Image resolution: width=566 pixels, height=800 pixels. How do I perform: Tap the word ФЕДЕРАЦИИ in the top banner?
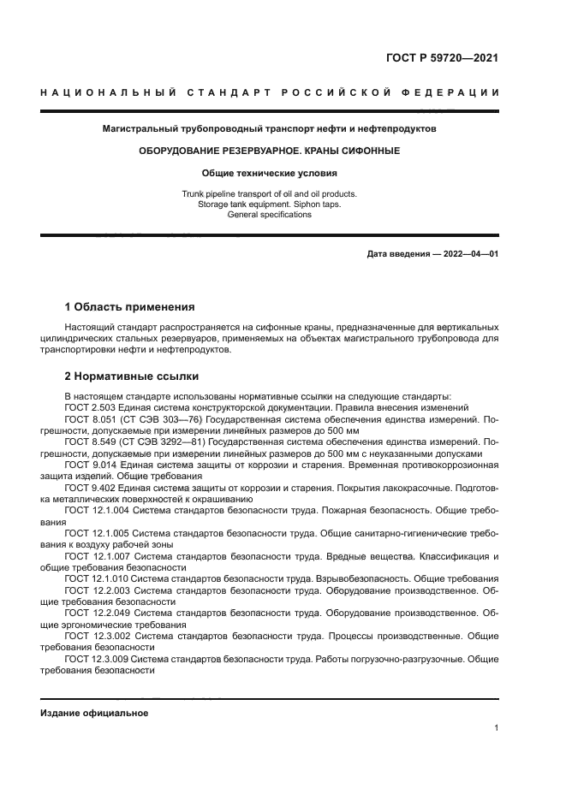457,92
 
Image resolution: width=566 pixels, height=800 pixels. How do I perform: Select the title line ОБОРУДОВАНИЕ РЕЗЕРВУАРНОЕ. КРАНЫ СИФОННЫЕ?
270,151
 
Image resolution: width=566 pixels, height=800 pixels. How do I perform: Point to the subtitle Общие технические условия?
270,173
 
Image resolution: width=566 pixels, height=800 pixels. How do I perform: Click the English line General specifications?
270,215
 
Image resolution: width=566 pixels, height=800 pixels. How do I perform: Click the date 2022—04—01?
468,254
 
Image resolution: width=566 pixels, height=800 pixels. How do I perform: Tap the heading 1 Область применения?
130,306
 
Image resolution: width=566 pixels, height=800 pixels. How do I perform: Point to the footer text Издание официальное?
94,713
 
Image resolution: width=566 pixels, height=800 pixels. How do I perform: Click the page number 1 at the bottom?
497,728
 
